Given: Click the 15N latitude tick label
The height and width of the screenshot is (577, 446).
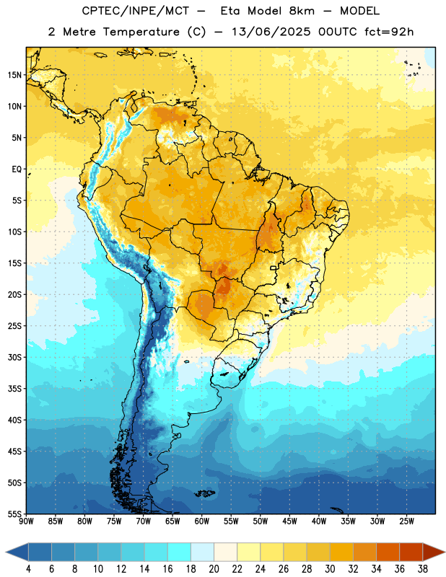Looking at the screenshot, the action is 14,75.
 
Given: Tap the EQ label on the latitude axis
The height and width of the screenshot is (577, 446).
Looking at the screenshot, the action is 17,169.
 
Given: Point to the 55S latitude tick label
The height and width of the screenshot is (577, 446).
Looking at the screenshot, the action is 14,514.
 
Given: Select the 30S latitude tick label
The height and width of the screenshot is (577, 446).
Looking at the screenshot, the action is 14,357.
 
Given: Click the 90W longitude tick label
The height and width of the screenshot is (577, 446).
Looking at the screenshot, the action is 26,521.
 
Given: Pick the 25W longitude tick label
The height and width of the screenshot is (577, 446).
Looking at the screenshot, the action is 406,521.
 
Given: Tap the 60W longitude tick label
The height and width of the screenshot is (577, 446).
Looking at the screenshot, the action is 202,521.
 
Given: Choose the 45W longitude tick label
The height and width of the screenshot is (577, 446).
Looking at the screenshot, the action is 289,521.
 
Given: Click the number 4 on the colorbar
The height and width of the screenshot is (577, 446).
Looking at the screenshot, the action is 28,569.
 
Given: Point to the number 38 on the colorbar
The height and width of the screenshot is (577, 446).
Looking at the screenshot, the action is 423,569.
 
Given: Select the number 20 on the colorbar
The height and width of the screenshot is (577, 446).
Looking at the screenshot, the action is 214,569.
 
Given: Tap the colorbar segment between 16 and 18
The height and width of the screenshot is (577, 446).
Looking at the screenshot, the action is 180,552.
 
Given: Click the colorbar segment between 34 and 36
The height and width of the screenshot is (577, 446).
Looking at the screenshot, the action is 388,552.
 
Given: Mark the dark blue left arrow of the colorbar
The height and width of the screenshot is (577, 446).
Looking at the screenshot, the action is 17,552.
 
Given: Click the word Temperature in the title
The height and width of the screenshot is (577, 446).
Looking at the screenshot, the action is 141,32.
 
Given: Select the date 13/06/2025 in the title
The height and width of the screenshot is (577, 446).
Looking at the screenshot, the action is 271,32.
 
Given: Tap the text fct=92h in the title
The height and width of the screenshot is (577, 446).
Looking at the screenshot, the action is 389,32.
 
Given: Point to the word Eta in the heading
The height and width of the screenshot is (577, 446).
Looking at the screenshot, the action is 230,11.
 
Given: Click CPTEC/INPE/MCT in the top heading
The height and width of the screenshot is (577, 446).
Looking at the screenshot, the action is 135,11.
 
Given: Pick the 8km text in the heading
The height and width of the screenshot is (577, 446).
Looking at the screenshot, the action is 302,11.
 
